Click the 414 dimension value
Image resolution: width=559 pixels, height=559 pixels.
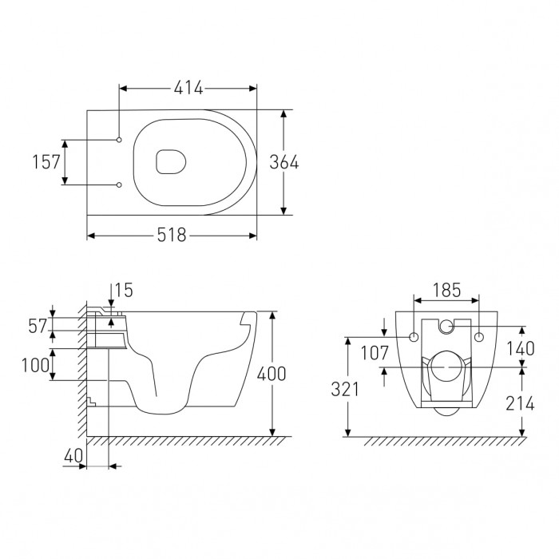(x=188, y=88)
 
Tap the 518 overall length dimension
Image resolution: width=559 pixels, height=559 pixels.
(x=172, y=236)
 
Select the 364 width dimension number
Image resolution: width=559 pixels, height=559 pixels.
(x=283, y=162)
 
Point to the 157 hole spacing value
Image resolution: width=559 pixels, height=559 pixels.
(x=46, y=162)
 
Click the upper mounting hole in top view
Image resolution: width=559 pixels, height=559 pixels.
(x=119, y=140)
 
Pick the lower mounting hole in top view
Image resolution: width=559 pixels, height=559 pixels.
(x=119, y=184)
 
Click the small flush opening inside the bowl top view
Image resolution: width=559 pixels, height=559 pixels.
(x=171, y=162)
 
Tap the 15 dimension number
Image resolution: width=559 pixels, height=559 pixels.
(x=124, y=290)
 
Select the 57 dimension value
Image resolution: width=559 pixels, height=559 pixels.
(x=38, y=326)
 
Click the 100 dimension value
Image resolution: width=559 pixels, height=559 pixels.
(x=35, y=366)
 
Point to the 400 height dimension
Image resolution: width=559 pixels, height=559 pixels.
(x=272, y=374)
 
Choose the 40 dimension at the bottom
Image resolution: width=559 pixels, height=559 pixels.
(x=73, y=456)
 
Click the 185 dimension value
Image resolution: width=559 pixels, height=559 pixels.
(x=446, y=290)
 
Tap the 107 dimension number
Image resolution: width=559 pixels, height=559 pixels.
(x=375, y=353)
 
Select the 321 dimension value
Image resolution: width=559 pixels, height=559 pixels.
(x=345, y=390)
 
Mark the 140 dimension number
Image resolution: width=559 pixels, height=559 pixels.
(x=521, y=349)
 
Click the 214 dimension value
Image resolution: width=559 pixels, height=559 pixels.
(x=520, y=403)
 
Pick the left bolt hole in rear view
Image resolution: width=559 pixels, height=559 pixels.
(x=414, y=337)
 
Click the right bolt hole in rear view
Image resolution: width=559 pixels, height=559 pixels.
(x=479, y=337)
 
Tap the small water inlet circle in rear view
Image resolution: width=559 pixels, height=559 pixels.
(x=446, y=326)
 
